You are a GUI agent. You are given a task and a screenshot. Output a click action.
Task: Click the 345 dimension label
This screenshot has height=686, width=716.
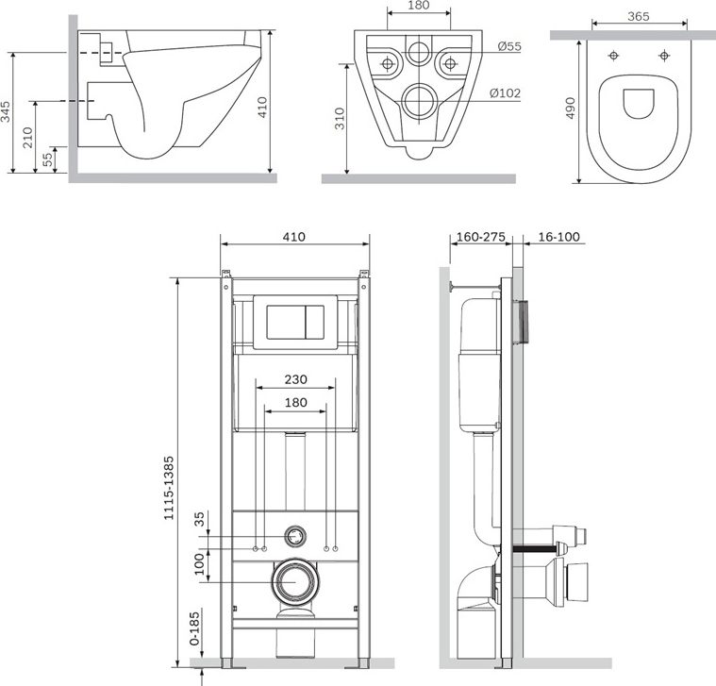point(6,111)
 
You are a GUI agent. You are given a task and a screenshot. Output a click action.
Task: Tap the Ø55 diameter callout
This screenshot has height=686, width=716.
point(509,46)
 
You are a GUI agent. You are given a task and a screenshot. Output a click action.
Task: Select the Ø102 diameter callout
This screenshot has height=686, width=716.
point(505,93)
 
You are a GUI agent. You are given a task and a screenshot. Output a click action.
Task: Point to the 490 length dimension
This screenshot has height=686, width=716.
point(571,109)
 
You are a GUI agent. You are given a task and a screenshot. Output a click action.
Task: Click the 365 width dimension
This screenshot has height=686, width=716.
point(639,16)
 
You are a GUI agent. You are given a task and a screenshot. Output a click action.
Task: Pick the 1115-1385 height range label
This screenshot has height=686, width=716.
point(169,488)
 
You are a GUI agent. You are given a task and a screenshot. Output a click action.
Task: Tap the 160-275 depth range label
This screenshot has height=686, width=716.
point(481,237)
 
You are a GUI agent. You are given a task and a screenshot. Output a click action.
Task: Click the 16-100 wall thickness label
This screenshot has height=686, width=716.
point(558,237)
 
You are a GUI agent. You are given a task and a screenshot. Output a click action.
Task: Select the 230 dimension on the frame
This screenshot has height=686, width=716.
point(296,379)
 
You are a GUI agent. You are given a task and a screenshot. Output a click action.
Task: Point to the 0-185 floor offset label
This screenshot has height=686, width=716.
point(195,628)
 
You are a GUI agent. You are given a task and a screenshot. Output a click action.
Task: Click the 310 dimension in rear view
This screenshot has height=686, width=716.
point(340,119)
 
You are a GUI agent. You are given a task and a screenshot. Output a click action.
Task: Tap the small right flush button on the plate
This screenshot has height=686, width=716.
point(314,323)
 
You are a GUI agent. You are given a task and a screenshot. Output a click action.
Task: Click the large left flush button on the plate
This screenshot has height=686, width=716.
point(286,323)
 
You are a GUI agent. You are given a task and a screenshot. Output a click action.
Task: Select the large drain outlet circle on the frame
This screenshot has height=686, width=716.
point(295,581)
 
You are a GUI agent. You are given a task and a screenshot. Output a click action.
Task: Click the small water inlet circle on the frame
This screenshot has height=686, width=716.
point(295,536)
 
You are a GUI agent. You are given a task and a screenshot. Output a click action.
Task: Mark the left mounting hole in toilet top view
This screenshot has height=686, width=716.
point(613,56)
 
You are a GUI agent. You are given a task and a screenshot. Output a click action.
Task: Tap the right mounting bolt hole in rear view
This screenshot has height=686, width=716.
point(450,63)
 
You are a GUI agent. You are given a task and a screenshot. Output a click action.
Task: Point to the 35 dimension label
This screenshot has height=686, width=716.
point(200,519)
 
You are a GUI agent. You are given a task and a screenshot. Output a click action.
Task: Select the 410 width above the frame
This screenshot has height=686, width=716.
point(294,237)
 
